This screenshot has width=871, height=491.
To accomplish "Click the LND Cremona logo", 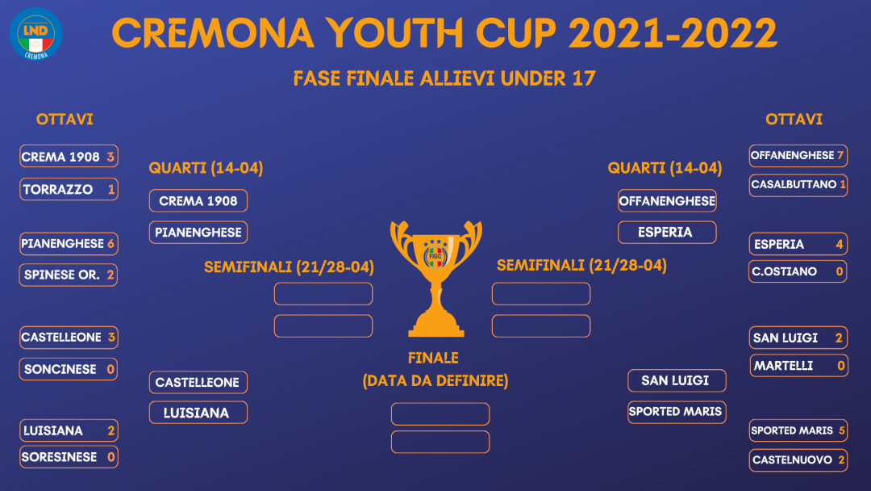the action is pos(36,33).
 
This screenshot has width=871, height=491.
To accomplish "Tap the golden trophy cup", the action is pos(436,279).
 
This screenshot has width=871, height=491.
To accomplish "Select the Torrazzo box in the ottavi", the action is pos(69,189).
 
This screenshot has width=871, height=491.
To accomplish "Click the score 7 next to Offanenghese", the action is pos(840,155).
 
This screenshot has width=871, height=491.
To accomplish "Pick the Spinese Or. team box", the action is pos(69,275).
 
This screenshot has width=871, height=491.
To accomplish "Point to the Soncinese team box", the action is pos(69,369).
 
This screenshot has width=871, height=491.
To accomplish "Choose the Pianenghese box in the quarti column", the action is pos(198,233).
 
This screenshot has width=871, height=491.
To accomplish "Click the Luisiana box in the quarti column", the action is pos(198,413).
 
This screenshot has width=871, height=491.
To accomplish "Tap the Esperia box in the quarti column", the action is pos(667,233).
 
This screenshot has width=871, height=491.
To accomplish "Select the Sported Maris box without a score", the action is pos(677,412).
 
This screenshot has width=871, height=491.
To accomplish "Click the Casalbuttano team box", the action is pos(798,185).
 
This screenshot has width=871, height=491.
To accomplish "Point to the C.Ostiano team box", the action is pos(798,271).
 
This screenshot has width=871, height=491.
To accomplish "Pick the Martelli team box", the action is pos(798,366).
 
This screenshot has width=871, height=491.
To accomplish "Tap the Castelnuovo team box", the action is pos(798,460).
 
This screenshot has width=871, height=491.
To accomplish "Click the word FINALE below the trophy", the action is pos(433,358).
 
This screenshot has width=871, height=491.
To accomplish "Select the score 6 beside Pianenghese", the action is pos(111,244).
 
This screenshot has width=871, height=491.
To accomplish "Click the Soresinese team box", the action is pos(69,457).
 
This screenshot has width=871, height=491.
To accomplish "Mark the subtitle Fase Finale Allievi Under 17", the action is pos(444,78).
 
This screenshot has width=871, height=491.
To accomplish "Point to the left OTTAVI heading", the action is pos(65,120).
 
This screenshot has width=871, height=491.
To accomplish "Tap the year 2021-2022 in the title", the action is pos(672,33).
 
